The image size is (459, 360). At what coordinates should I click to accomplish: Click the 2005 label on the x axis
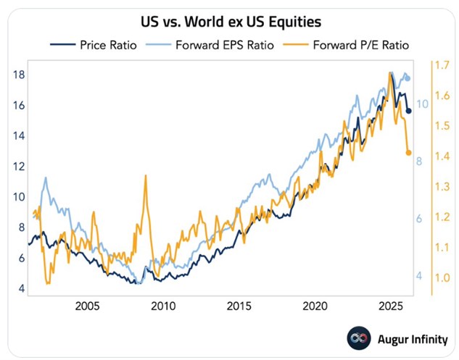click(x=88, y=305)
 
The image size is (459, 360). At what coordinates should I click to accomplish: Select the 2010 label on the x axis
click(x=163, y=305)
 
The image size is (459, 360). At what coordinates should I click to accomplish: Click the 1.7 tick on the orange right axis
click(x=443, y=65)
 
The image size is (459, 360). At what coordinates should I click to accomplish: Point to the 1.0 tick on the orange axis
click(x=443, y=277)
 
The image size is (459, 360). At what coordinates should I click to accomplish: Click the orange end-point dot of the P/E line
click(x=409, y=153)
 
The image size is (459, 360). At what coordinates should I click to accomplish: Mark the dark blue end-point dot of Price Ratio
click(x=409, y=111)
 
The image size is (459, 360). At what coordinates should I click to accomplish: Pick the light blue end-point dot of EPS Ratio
click(x=408, y=78)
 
